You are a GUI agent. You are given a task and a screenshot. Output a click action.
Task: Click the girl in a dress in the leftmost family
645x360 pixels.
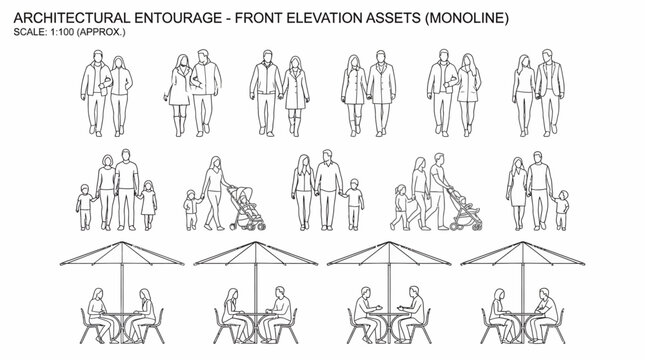pos(149,200)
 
